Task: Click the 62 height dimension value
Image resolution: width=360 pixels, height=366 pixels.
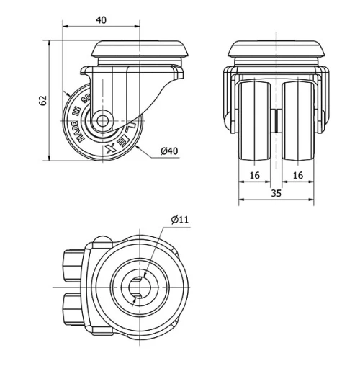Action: click(41, 100)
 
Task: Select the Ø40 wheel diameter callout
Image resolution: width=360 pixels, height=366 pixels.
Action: click(169, 151)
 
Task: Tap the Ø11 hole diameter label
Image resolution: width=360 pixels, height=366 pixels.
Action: click(180, 219)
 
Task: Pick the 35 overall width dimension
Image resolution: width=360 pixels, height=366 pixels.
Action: click(276, 192)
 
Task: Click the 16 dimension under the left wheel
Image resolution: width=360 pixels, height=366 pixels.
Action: click(254, 175)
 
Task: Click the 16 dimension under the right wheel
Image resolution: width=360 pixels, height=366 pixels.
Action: click(298, 175)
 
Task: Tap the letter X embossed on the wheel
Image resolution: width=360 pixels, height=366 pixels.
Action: click(109, 148)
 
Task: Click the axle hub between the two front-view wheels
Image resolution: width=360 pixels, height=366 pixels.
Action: click(276, 119)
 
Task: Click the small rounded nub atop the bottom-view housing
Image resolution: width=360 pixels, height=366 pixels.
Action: click(101, 243)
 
